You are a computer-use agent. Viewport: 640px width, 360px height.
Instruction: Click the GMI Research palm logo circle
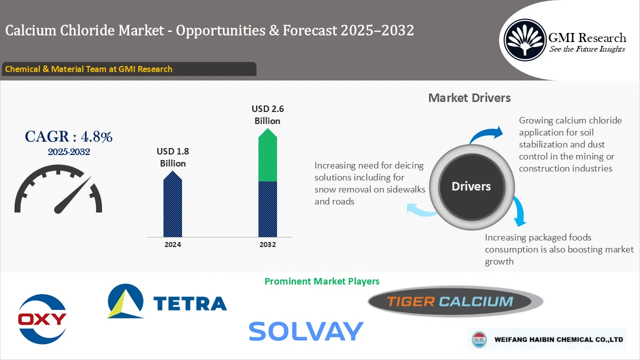coord(525,39)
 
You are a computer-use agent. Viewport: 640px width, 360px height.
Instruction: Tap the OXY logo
coord(42,319)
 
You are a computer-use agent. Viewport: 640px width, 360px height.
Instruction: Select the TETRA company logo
coord(167,301)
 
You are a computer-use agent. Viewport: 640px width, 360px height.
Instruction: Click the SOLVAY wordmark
coord(305,331)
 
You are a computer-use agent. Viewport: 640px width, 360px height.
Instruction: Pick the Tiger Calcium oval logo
coord(455,301)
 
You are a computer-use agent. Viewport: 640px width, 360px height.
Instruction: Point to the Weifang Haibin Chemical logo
coord(546,339)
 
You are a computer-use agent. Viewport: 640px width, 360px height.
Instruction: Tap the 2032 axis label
coord(267,244)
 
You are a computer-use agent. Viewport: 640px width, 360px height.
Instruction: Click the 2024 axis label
coord(172,244)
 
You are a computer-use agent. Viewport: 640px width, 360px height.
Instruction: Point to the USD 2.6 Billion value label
coord(267,115)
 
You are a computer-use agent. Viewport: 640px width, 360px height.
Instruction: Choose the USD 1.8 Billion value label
coord(172,157)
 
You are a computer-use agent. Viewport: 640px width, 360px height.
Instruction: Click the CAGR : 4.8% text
coord(68,136)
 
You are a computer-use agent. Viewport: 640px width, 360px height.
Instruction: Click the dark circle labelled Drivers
coord(471,186)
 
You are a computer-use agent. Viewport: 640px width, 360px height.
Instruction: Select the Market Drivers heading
coord(469,98)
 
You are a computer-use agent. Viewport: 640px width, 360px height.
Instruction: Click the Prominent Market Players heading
coord(321,281)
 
